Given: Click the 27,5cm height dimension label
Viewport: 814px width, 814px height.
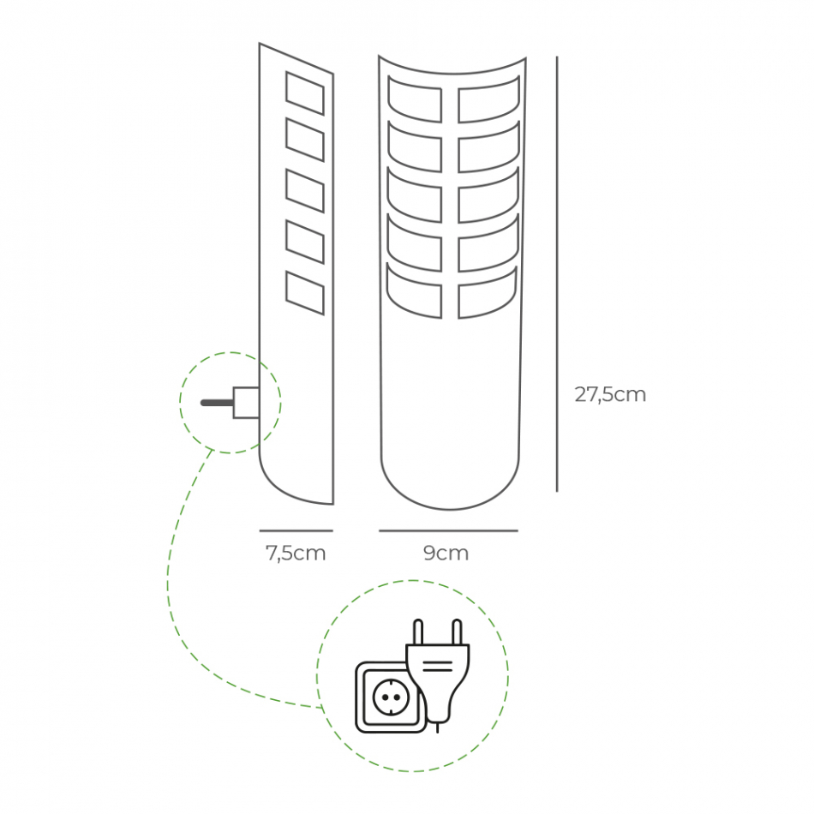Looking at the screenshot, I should (610, 395).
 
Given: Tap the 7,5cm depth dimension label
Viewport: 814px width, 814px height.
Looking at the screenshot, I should (296, 554).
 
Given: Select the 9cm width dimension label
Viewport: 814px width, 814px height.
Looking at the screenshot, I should (446, 554).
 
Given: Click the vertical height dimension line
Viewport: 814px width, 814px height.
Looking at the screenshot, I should (557, 274).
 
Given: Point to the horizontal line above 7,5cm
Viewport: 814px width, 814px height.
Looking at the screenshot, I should (296, 530).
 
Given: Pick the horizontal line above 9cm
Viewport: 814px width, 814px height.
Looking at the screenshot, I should (448, 530).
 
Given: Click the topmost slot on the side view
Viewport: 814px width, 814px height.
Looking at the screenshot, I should (305, 93).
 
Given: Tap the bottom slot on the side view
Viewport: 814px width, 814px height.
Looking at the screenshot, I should (305, 293).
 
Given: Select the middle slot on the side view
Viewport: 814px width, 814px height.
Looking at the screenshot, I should (305, 191).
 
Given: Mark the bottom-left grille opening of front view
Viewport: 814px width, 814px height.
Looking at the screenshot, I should (415, 292).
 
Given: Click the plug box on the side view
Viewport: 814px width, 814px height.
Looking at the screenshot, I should (246, 403).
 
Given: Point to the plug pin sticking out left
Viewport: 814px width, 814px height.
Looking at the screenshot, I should (216, 403).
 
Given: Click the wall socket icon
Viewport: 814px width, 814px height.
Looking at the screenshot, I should (390, 697).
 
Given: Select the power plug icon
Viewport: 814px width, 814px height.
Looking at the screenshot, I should (438, 673).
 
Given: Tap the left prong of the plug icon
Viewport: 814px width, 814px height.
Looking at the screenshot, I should (418, 632).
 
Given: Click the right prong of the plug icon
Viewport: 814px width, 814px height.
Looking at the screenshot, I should (457, 632).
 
